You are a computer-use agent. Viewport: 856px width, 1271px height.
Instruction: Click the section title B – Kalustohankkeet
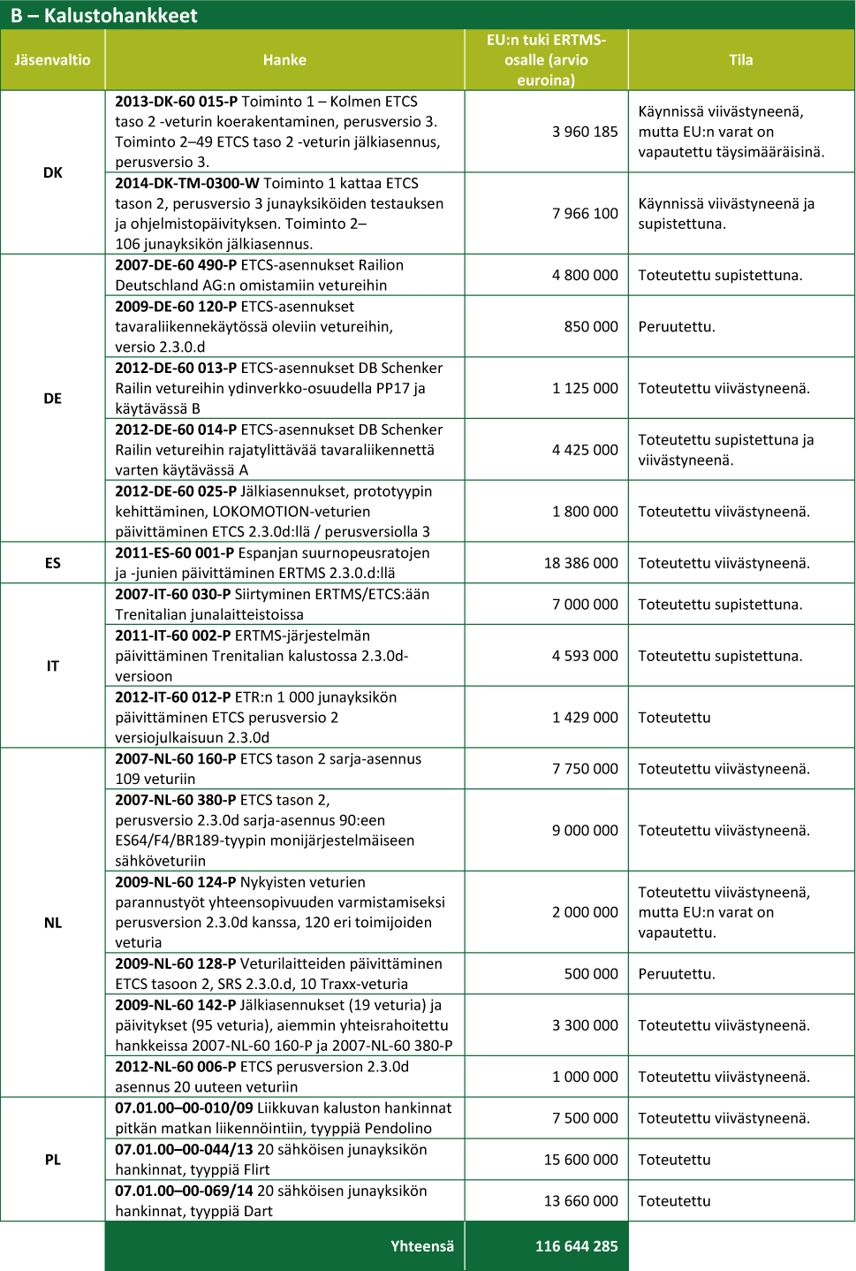pos(104,15)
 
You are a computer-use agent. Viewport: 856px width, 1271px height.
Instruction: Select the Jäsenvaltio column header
pos(52,60)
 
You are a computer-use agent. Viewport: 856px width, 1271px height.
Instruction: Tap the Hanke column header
pos(284,60)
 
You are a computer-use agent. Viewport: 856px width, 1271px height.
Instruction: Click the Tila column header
pos(740,60)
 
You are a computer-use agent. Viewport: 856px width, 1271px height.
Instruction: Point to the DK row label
pos(52,172)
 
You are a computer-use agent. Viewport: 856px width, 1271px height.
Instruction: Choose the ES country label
pos(52,563)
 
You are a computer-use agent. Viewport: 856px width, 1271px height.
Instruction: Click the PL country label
pos(52,1160)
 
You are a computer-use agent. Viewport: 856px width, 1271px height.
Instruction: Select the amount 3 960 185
pos(585,132)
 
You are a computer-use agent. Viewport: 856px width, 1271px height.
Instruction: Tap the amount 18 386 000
pos(580,563)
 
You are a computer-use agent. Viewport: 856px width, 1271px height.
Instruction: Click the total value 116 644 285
pos(576,1246)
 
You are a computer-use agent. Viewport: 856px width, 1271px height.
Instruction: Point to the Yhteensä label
pos(422,1246)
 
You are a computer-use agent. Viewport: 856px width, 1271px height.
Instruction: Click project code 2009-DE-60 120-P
pos(176,307)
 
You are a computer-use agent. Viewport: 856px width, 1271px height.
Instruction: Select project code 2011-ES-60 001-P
pos(175,552)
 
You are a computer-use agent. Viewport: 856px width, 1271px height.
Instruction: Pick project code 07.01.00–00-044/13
pos(184,1149)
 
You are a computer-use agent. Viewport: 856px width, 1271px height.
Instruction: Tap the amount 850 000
pos(591,326)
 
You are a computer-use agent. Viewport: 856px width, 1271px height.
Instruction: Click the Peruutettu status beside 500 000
pos(677,974)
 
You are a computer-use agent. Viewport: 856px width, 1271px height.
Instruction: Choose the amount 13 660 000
pos(580,1201)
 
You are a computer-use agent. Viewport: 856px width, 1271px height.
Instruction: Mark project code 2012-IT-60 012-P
pos(173,697)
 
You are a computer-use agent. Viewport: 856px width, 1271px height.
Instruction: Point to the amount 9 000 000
pos(585,831)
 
